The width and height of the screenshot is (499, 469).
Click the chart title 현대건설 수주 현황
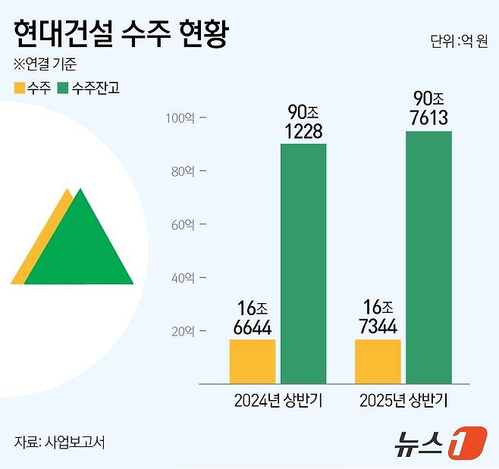120,33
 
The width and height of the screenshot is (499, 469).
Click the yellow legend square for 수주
19,88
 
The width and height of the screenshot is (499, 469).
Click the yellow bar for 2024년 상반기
253,361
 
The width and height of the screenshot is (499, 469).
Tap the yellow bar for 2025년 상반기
378,361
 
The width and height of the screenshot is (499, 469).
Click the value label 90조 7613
429,108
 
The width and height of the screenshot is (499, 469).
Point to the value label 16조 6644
253,318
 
